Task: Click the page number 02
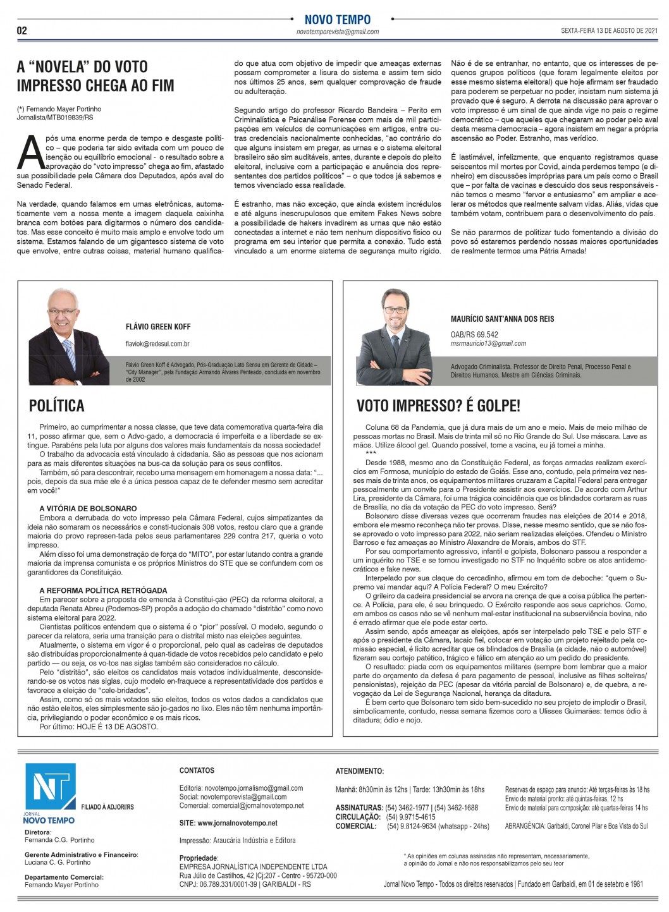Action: pos(21,31)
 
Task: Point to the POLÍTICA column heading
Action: pos(57,405)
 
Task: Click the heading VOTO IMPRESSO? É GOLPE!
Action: pos(438,405)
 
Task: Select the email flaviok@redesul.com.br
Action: pos(158,344)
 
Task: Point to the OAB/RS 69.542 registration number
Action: pos(474,334)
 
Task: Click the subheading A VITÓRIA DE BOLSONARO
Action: pos(88,508)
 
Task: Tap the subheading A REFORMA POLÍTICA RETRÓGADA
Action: pos(103,590)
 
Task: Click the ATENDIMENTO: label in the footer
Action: pos(359,771)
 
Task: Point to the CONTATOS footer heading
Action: pos(197,770)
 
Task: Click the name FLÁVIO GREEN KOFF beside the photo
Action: pos(158,327)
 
